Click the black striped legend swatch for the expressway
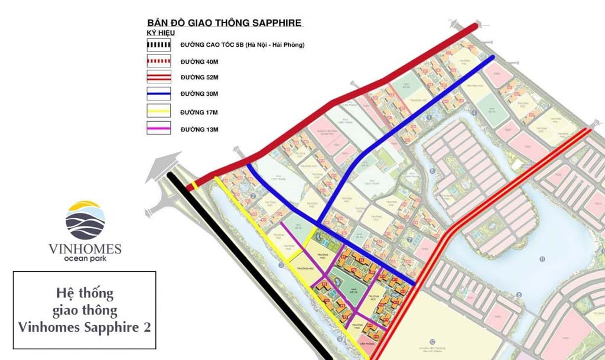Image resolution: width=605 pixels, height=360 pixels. [158, 45]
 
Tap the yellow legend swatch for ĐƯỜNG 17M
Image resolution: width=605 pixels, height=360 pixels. [158, 111]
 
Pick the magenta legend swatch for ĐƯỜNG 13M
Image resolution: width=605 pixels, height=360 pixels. [158, 128]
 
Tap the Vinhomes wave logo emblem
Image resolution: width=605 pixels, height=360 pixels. [85, 219]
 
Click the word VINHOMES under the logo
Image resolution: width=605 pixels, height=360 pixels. [85, 248]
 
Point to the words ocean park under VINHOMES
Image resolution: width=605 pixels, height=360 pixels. [85, 259]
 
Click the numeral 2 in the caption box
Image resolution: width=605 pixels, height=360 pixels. [145, 326]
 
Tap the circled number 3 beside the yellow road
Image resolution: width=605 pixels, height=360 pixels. [281, 266]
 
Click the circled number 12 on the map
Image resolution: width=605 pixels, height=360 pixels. [433, 341]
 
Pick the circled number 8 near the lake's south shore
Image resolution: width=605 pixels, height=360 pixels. [519, 294]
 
